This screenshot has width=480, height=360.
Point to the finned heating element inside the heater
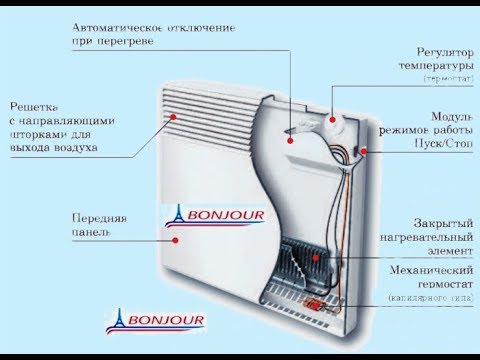point(300,263)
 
